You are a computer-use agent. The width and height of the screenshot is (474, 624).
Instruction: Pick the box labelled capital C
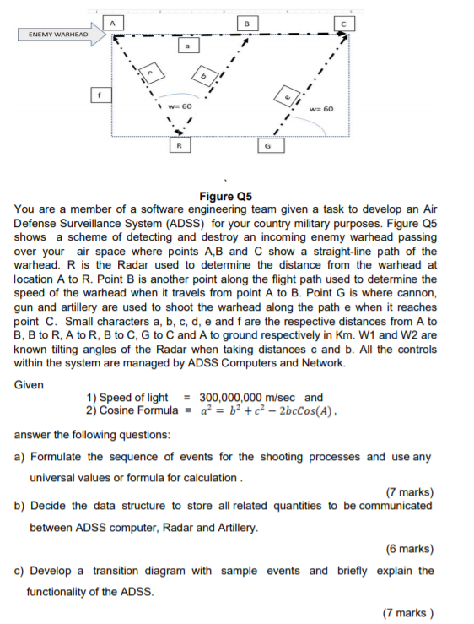tap(344, 23)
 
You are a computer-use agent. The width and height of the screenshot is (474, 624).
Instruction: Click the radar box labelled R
tap(180, 145)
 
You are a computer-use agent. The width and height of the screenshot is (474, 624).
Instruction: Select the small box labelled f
tap(99, 97)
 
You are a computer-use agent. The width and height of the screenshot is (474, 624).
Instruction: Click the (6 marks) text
tap(409, 548)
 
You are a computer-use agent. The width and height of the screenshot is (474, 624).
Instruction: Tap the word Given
tap(31, 383)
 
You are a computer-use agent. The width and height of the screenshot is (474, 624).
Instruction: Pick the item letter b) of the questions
tap(20, 506)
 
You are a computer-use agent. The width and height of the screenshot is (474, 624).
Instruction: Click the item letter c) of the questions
tap(20, 570)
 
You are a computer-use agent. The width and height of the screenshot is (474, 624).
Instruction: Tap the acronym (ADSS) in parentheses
tap(187, 224)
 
